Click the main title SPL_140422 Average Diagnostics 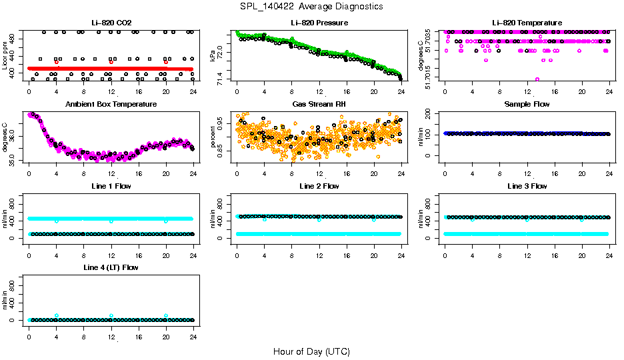click(x=312, y=6)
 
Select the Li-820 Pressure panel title click(x=319, y=23)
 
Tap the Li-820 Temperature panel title click(x=527, y=23)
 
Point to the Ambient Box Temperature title click(x=111, y=105)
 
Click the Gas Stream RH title click(x=319, y=105)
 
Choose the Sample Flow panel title click(x=527, y=105)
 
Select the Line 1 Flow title click(x=111, y=186)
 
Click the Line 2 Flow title click(x=319, y=186)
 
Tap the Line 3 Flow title click(x=527, y=186)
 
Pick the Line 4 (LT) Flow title click(x=111, y=267)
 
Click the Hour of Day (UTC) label click(x=311, y=351)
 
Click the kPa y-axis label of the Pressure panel click(x=213, y=56)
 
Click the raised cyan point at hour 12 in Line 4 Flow click(x=111, y=315)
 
